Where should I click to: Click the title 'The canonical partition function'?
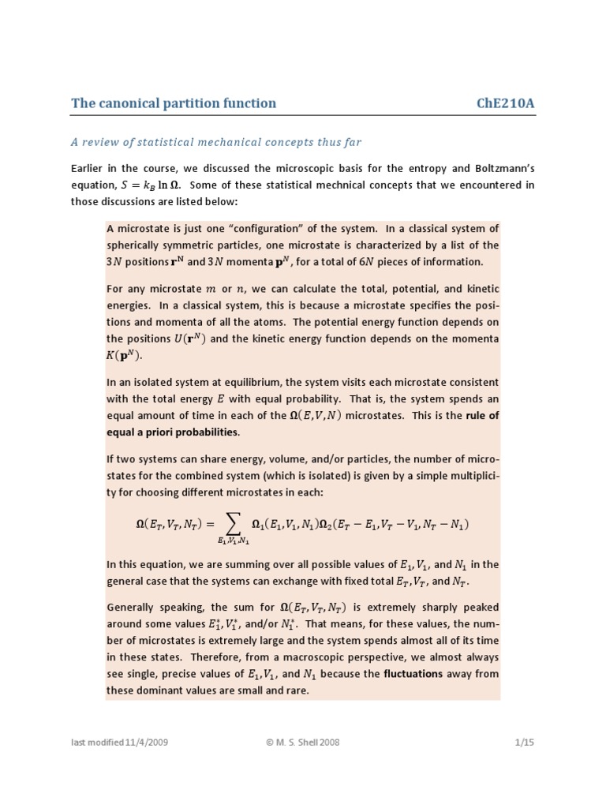pyautogui.click(x=174, y=103)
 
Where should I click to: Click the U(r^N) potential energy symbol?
pyautogui.click(x=183, y=339)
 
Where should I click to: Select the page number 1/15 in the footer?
pyautogui.click(x=524, y=743)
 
